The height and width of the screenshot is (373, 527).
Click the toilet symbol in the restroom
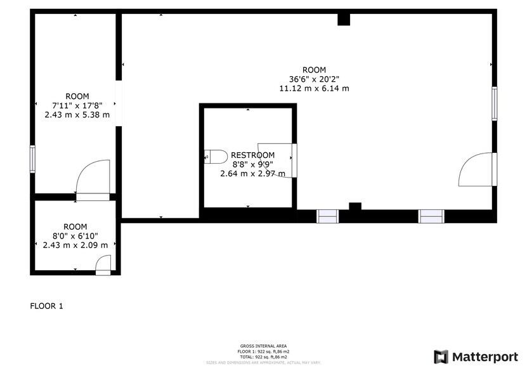tap(216, 156)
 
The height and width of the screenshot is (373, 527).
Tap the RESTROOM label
tap(252, 155)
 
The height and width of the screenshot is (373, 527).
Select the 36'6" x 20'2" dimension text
tap(314, 79)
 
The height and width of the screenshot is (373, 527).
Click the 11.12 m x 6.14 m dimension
tap(314, 89)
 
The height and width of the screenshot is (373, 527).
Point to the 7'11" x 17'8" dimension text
tap(77, 105)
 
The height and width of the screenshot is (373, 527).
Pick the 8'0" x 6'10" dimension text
tap(75, 236)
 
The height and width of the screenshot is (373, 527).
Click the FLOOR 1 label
tap(47, 306)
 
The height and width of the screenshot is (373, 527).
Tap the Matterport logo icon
tap(441, 357)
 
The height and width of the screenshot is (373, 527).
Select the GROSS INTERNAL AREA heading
tap(263, 346)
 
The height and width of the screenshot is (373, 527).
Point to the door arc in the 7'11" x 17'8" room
tap(92, 178)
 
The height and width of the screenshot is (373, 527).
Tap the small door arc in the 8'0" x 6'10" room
tap(104, 263)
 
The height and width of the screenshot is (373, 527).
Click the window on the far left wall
tap(32, 159)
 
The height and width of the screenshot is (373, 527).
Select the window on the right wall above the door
tap(494, 103)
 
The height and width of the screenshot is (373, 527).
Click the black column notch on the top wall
tap(344, 19)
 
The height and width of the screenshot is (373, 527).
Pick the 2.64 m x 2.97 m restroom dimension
tap(252, 173)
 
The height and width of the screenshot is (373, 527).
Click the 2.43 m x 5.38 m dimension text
tap(77, 115)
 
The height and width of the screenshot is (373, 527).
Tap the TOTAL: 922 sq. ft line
tap(263, 356)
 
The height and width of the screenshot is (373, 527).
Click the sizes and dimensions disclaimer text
tap(263, 362)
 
